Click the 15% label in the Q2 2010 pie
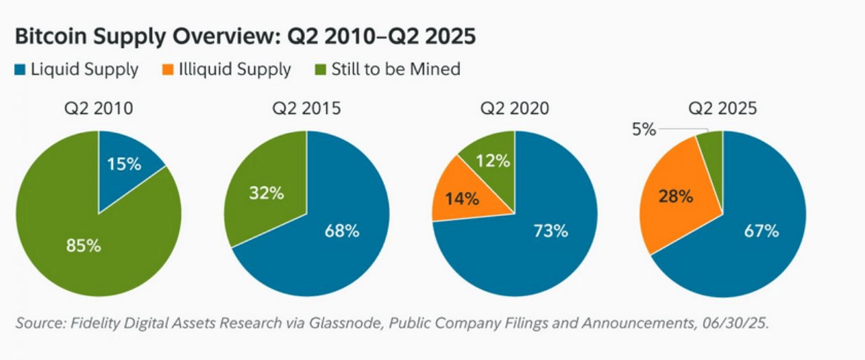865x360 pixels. (124, 164)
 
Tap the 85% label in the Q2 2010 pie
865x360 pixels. (84, 245)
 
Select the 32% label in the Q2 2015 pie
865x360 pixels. (267, 193)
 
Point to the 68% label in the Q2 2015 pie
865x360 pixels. (342, 231)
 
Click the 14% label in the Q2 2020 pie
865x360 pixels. (462, 199)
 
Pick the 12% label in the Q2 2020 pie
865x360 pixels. (493, 160)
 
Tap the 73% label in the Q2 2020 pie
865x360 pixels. (550, 231)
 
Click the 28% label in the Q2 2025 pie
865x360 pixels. (676, 196)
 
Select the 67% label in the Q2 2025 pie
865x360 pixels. (761, 231)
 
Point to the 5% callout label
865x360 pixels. (644, 130)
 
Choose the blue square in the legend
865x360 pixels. (20, 69)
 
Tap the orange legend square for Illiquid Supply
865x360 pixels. (168, 69)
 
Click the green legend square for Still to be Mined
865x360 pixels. (321, 69)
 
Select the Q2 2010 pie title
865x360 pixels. (99, 108)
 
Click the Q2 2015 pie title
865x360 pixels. (306, 108)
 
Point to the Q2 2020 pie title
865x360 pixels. (514, 108)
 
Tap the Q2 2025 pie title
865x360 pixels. (722, 108)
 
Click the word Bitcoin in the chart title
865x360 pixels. (51, 36)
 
